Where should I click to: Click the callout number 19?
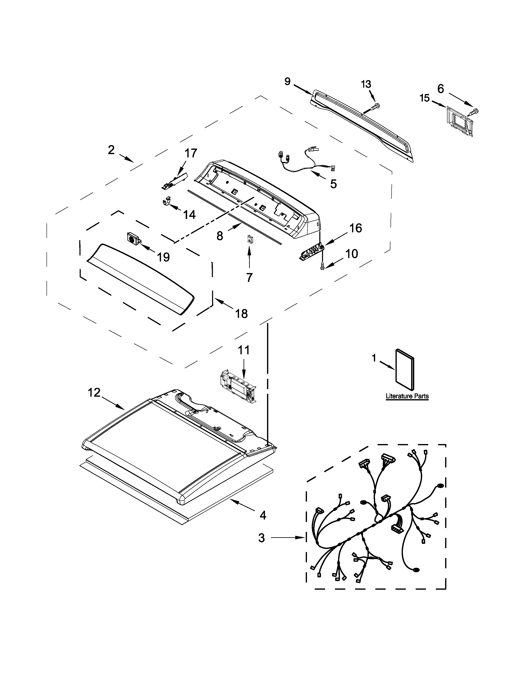[x=163, y=257]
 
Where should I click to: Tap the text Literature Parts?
[x=407, y=396]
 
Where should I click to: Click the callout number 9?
[x=287, y=81]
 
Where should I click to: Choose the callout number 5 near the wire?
[x=333, y=184]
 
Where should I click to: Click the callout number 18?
[x=242, y=314]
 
